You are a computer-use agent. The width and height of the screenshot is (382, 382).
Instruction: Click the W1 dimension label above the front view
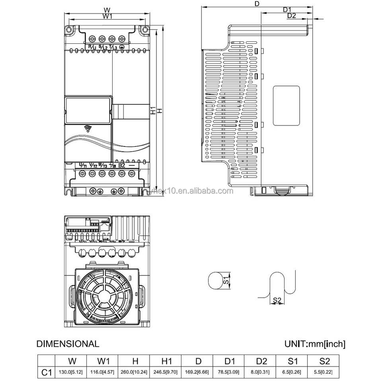point(107,16)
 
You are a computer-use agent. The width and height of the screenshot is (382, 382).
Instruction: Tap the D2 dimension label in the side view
point(292,16)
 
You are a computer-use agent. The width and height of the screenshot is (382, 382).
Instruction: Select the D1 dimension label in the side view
point(287,10)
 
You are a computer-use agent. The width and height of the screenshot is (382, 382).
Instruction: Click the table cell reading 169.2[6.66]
point(198,372)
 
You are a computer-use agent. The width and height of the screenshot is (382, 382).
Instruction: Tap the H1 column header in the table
point(167,361)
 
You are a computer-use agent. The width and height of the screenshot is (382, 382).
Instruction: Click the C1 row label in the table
point(47,372)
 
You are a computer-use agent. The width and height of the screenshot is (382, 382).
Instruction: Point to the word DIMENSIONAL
point(68,344)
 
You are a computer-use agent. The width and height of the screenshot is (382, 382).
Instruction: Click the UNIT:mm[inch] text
point(315,344)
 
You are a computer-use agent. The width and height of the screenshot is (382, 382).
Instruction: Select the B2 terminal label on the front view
point(122,165)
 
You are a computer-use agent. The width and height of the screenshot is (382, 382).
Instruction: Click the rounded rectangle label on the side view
point(286,106)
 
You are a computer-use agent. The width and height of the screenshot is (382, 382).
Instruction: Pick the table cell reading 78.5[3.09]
point(229,372)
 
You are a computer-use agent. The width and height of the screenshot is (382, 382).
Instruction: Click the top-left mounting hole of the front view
point(69,29)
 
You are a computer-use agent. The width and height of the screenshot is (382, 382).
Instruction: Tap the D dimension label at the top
point(257,4)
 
